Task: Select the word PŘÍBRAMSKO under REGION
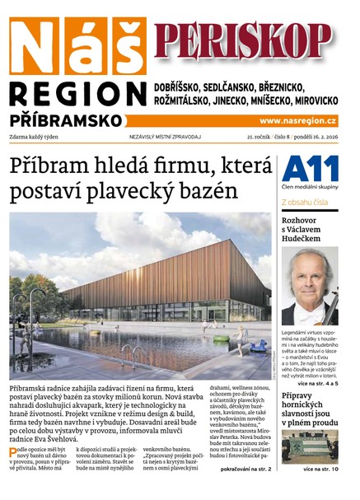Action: click(66, 120)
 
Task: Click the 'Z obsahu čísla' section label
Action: click(304, 202)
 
